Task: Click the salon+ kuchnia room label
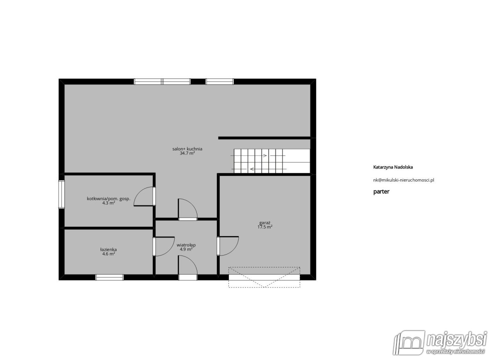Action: point(187,149)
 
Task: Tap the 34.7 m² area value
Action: point(187,153)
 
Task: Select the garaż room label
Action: point(265,223)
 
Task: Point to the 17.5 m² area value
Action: point(265,227)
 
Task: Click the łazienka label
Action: point(109,250)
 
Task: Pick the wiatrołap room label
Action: point(186,245)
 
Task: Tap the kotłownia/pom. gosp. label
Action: point(109,199)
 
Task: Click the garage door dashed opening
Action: point(264,277)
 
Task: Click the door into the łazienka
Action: point(164,246)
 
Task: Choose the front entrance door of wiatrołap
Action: point(188,268)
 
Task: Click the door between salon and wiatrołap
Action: point(188,210)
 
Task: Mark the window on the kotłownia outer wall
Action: point(61,194)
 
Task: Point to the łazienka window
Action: point(109,278)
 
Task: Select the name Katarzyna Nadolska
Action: point(393,167)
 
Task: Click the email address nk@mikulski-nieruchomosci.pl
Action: point(404,180)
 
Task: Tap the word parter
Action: point(381,191)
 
